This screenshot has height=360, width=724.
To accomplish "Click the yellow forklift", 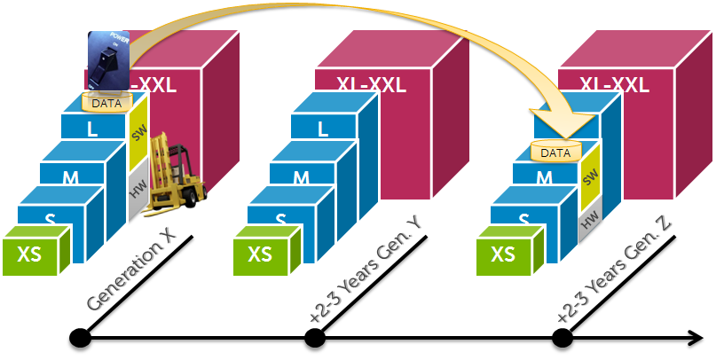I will (175, 174).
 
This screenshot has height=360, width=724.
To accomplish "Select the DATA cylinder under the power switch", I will (106, 103).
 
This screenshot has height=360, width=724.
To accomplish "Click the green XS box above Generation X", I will (35, 252).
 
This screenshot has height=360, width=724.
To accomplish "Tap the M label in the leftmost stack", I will (70, 177).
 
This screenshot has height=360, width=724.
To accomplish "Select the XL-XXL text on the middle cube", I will (371, 85).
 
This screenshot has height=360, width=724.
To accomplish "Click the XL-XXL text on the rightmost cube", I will (614, 85).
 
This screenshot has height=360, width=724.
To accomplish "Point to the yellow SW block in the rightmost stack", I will (589, 178).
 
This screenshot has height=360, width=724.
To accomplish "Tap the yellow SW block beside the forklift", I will (138, 135).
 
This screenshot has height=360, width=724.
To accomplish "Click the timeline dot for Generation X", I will (80, 338).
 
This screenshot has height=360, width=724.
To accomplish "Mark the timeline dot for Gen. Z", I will (561, 338).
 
